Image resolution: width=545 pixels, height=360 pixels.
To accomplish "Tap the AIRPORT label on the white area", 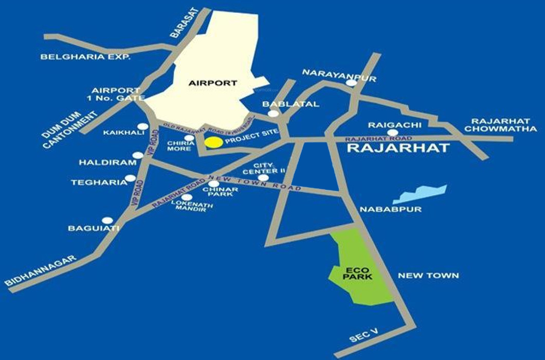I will click(x=212, y=83).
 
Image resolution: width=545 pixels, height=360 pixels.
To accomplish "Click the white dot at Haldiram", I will click(x=138, y=155).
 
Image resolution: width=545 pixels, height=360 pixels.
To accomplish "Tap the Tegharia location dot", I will click(x=131, y=178).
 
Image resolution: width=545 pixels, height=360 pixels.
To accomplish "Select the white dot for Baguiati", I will click(x=107, y=220).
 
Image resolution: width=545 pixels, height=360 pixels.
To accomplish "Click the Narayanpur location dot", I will click(x=351, y=82).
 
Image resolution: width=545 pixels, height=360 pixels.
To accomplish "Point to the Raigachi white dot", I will click(x=392, y=133).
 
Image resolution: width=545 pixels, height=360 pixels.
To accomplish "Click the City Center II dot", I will click(x=264, y=177).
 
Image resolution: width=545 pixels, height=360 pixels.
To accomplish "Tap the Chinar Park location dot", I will click(x=214, y=184).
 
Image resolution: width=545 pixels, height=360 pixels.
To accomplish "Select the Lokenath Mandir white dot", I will click(x=187, y=197).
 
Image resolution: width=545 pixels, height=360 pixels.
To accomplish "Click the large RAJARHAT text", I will click(x=398, y=149).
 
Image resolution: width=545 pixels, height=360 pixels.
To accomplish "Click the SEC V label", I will click(x=364, y=336).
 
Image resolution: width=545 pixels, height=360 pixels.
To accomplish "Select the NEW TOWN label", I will click(x=428, y=276).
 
